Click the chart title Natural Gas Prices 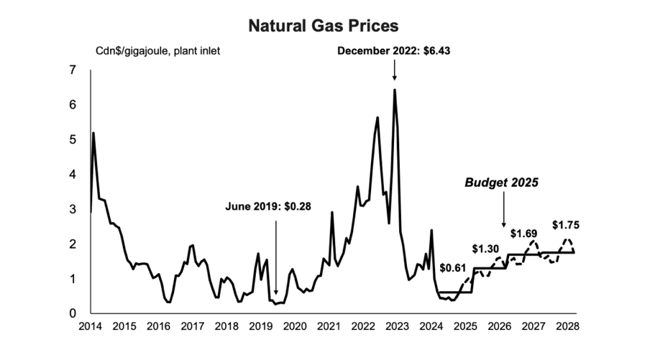tap(323, 26)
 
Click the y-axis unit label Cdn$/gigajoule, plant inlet tap(158, 51)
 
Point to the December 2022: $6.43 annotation tap(394, 51)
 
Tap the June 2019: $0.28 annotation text tap(268, 207)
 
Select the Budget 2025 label tap(501, 182)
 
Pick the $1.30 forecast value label tap(485, 248)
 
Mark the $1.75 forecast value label tap(565, 225)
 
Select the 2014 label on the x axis tap(91, 327)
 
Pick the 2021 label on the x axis tap(329, 327)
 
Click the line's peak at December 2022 tap(394, 90)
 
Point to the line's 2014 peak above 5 tap(94, 133)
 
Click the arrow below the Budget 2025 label tap(503, 211)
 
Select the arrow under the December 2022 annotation tap(394, 71)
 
